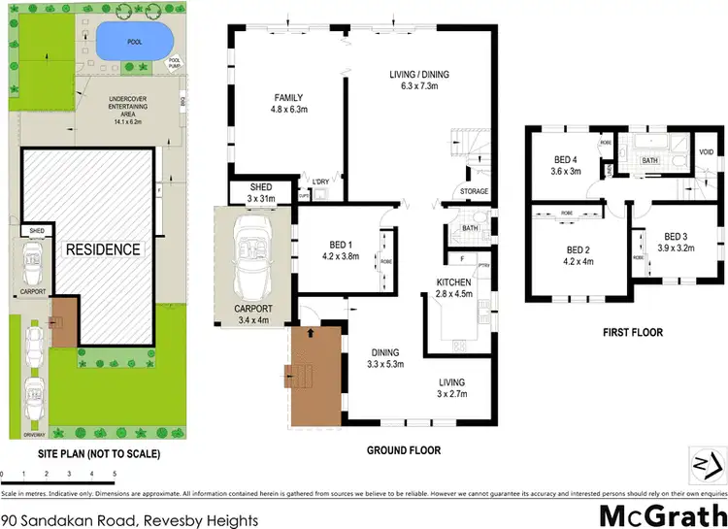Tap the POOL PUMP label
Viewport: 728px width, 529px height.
[x=175, y=63]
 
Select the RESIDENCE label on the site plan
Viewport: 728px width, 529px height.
[x=104, y=249]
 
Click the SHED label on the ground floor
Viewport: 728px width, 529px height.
[x=260, y=186]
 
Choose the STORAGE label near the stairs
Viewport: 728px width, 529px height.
[x=475, y=191]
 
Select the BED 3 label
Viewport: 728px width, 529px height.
[x=676, y=236]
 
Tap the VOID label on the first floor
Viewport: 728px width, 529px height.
[x=706, y=151]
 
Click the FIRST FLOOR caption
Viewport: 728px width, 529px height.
[x=631, y=332]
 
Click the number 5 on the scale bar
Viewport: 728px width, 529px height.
[x=115, y=474]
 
